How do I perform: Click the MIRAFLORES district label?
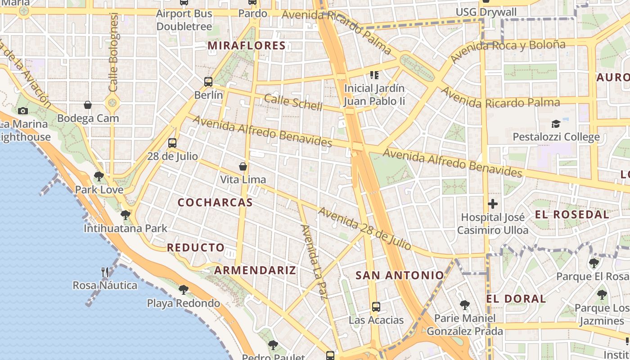pos(247,45)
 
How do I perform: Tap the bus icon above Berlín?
pos(208,82)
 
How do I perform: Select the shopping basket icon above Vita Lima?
pos(243,166)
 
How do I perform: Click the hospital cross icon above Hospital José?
pos(493,204)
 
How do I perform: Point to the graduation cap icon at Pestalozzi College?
pos(556,124)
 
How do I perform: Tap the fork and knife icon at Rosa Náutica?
pos(105,272)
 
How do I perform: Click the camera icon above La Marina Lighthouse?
pos(22,111)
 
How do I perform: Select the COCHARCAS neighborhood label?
pos(215,202)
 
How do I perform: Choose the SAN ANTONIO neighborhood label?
pos(400,275)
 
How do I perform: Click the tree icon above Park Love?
pos(99,176)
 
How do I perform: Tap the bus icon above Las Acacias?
pos(376,307)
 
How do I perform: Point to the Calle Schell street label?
pos(293,102)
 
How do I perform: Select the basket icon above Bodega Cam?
pos(88,105)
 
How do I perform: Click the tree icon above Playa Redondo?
pos(183,289)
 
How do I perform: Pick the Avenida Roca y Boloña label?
pos(507,51)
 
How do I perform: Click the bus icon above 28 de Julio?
pos(172,143)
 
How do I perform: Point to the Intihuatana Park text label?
pos(126,229)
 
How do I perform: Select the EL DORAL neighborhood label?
pos(516,298)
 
